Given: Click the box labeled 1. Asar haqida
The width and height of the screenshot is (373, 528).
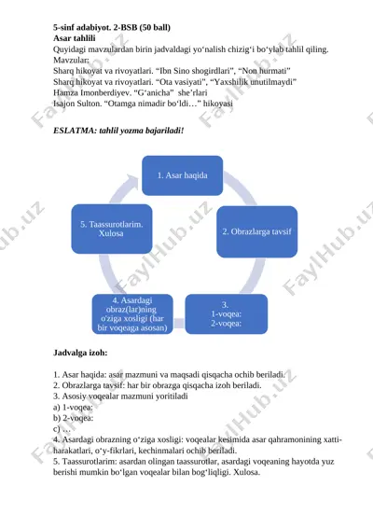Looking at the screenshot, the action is (x=182, y=175).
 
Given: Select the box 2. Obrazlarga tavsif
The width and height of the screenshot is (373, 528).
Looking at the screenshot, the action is (x=256, y=231).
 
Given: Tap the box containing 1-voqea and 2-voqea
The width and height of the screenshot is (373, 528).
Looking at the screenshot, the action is (x=227, y=314).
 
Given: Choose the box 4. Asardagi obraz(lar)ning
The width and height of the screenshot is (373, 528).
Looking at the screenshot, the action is (x=132, y=314).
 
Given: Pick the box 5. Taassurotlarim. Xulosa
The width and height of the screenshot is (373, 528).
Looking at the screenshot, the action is (x=111, y=229).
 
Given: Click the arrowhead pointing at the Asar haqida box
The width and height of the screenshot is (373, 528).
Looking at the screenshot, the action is (x=132, y=183).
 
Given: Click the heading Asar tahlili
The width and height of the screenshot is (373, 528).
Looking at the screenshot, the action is (x=74, y=38).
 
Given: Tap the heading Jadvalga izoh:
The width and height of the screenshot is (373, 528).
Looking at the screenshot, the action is (x=80, y=353).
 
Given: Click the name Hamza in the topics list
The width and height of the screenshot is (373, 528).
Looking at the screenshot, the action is (x=63, y=92).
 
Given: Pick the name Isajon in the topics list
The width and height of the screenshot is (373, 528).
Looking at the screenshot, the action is (x=64, y=104).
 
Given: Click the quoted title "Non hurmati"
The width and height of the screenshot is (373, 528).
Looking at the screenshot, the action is (x=264, y=71).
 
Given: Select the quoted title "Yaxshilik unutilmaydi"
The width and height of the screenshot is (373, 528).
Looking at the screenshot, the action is (x=253, y=82).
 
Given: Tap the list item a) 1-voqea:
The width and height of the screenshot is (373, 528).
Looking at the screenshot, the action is (x=73, y=407).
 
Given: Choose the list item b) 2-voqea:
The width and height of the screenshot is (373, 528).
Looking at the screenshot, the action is (x=73, y=418).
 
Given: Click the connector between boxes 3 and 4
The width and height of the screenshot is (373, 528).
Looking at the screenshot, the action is (x=179, y=323).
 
